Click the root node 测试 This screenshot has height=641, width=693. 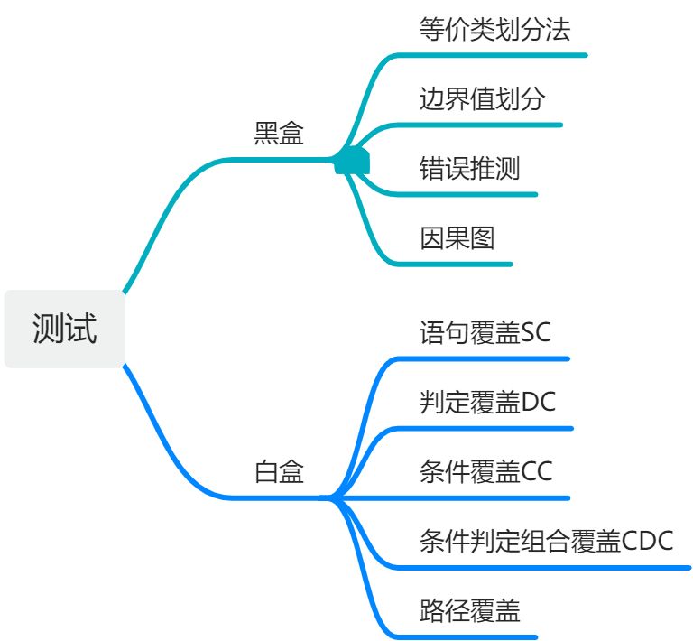pos(64,329)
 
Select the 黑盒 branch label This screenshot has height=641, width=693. pos(279,135)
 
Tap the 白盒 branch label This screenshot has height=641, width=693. pos(279,472)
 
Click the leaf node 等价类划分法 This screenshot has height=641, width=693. pos(494,30)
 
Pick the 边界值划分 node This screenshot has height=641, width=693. pos(482,98)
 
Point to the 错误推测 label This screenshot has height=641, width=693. pos(469,168)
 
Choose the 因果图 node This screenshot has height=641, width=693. pos(457,237)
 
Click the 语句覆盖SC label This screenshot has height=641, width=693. pos(485,333)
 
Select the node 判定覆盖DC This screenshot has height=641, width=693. pos(487,402)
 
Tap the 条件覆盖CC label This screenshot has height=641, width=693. pos(485,471)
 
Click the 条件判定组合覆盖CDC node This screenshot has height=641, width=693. pos(546,541)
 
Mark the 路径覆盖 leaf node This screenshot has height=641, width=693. pos(469,610)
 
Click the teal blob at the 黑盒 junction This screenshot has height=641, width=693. pos(352,161)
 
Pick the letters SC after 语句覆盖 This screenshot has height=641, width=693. pos(536,333)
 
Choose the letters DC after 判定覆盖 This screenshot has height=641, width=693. pos(539,402)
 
